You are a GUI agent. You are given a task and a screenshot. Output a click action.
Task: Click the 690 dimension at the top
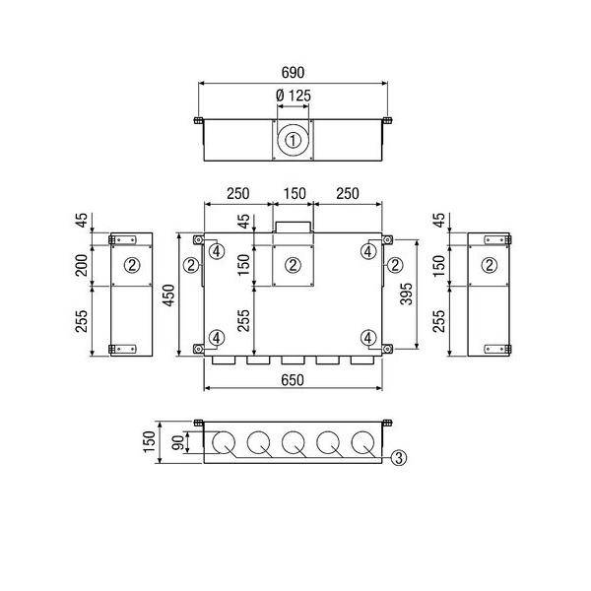[x=293, y=72]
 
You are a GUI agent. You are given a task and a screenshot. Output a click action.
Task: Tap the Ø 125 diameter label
[x=294, y=96]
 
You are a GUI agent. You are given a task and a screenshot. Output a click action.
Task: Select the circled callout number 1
[x=293, y=141]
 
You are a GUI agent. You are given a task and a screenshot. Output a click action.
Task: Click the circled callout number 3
[x=399, y=458]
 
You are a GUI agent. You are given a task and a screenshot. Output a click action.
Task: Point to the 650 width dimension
[x=293, y=380]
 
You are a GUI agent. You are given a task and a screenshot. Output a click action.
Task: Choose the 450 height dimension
[x=170, y=295]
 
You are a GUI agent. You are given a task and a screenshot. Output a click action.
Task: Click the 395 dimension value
[x=406, y=294]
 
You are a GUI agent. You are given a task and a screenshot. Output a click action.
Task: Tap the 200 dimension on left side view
[x=82, y=265]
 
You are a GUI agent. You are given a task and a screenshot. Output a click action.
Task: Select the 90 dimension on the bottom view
[x=178, y=442]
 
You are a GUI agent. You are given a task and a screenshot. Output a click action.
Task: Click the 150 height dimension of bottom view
[x=150, y=441]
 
